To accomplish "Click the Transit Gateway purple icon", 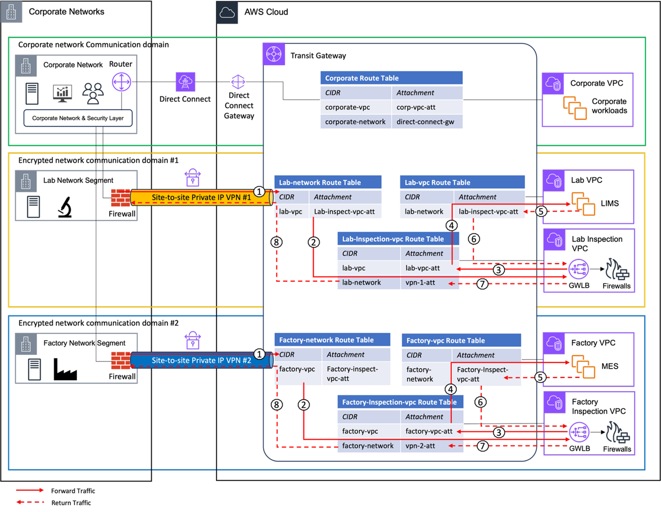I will (274, 54).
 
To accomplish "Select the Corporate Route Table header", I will (391, 78).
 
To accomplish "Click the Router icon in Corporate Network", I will (121, 82).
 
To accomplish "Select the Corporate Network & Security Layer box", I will (78, 118).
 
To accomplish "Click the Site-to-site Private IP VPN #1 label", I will (201, 197).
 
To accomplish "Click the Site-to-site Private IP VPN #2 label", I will (201, 360).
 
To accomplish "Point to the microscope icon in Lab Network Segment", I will (65, 207).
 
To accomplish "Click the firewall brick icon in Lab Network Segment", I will (121, 198).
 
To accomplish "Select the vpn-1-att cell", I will (420, 283).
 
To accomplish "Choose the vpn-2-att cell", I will (420, 446).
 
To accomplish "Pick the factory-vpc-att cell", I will (428, 431).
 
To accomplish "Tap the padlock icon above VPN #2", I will (193, 340).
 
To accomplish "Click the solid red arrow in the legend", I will (30, 490).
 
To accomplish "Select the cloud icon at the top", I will (227, 12).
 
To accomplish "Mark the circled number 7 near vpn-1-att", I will (482, 284).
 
